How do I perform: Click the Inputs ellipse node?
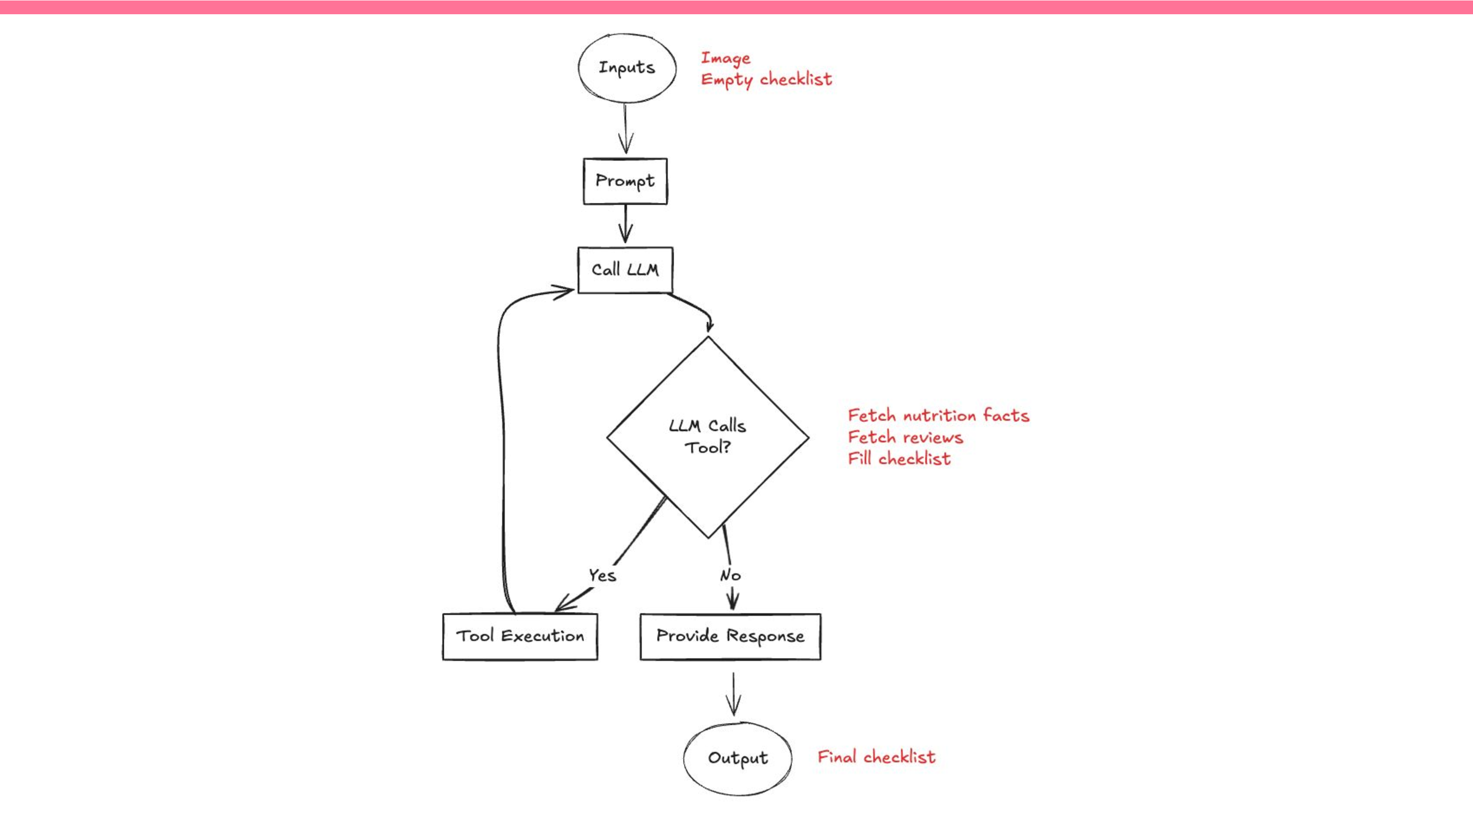pos(627,67)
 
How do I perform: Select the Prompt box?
pos(625,181)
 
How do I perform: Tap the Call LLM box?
pos(625,270)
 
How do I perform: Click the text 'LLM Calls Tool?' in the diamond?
pos(708,436)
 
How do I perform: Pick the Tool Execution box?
pos(520,636)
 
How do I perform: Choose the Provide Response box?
pos(730,636)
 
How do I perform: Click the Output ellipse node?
pos(737,758)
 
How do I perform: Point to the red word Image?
pos(725,58)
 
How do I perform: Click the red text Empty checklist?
pos(766,80)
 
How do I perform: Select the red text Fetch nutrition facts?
pos(938,415)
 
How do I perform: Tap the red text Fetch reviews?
pos(905,438)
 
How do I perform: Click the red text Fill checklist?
pos(899,459)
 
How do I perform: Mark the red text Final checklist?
pos(876,757)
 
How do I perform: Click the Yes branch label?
pos(602,575)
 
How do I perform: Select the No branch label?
pos(730,575)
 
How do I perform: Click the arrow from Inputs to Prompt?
pos(626,129)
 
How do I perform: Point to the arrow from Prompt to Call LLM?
pos(626,224)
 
